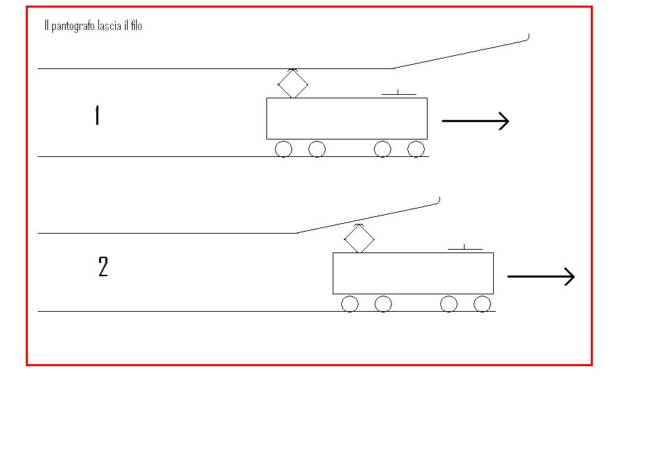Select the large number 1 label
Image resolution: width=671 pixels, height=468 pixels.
(97, 115)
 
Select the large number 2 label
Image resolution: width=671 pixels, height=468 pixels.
(103, 267)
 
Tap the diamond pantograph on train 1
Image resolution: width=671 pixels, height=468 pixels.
(293, 84)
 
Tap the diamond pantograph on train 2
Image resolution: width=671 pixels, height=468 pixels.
(359, 239)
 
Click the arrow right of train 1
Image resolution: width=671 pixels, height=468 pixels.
(476, 121)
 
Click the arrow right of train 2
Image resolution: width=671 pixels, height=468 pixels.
(541, 277)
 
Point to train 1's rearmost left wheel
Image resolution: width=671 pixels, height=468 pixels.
(283, 149)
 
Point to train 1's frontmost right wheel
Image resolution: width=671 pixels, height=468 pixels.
(416, 149)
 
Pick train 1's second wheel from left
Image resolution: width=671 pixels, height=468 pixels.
(317, 149)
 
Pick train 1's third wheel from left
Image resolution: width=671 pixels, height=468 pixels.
(382, 149)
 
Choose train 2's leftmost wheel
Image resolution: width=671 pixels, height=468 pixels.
(349, 303)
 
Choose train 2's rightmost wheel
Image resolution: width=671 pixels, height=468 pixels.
(482, 303)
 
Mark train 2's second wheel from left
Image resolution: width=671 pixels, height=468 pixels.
(383, 303)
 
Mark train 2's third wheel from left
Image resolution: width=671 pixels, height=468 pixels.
(448, 303)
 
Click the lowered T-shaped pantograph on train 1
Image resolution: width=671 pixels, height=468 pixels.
(398, 93)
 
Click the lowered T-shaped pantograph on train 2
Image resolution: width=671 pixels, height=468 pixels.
(465, 248)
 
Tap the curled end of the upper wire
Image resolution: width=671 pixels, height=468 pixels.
(528, 38)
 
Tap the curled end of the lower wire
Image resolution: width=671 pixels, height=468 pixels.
(439, 201)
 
